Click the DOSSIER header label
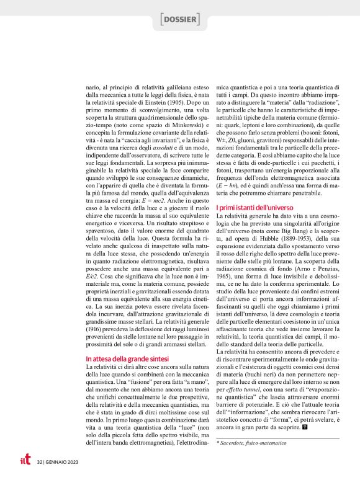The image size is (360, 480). pyautogui.click(x=179, y=20)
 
